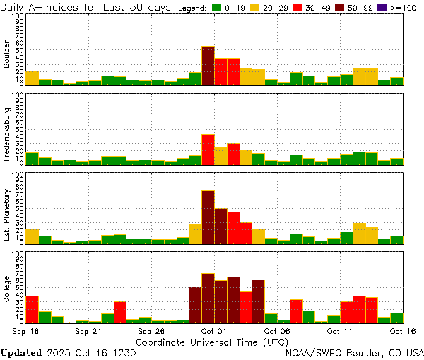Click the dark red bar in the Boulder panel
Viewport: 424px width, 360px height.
point(208,66)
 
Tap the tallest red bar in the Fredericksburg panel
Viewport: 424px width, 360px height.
point(208,150)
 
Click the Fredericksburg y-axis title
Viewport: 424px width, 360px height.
point(7,134)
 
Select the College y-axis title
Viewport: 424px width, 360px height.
point(7,289)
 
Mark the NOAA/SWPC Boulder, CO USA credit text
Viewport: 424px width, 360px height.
point(354,352)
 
